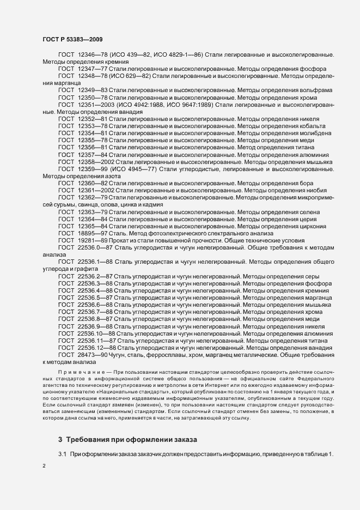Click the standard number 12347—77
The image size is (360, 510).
point(93,69)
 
